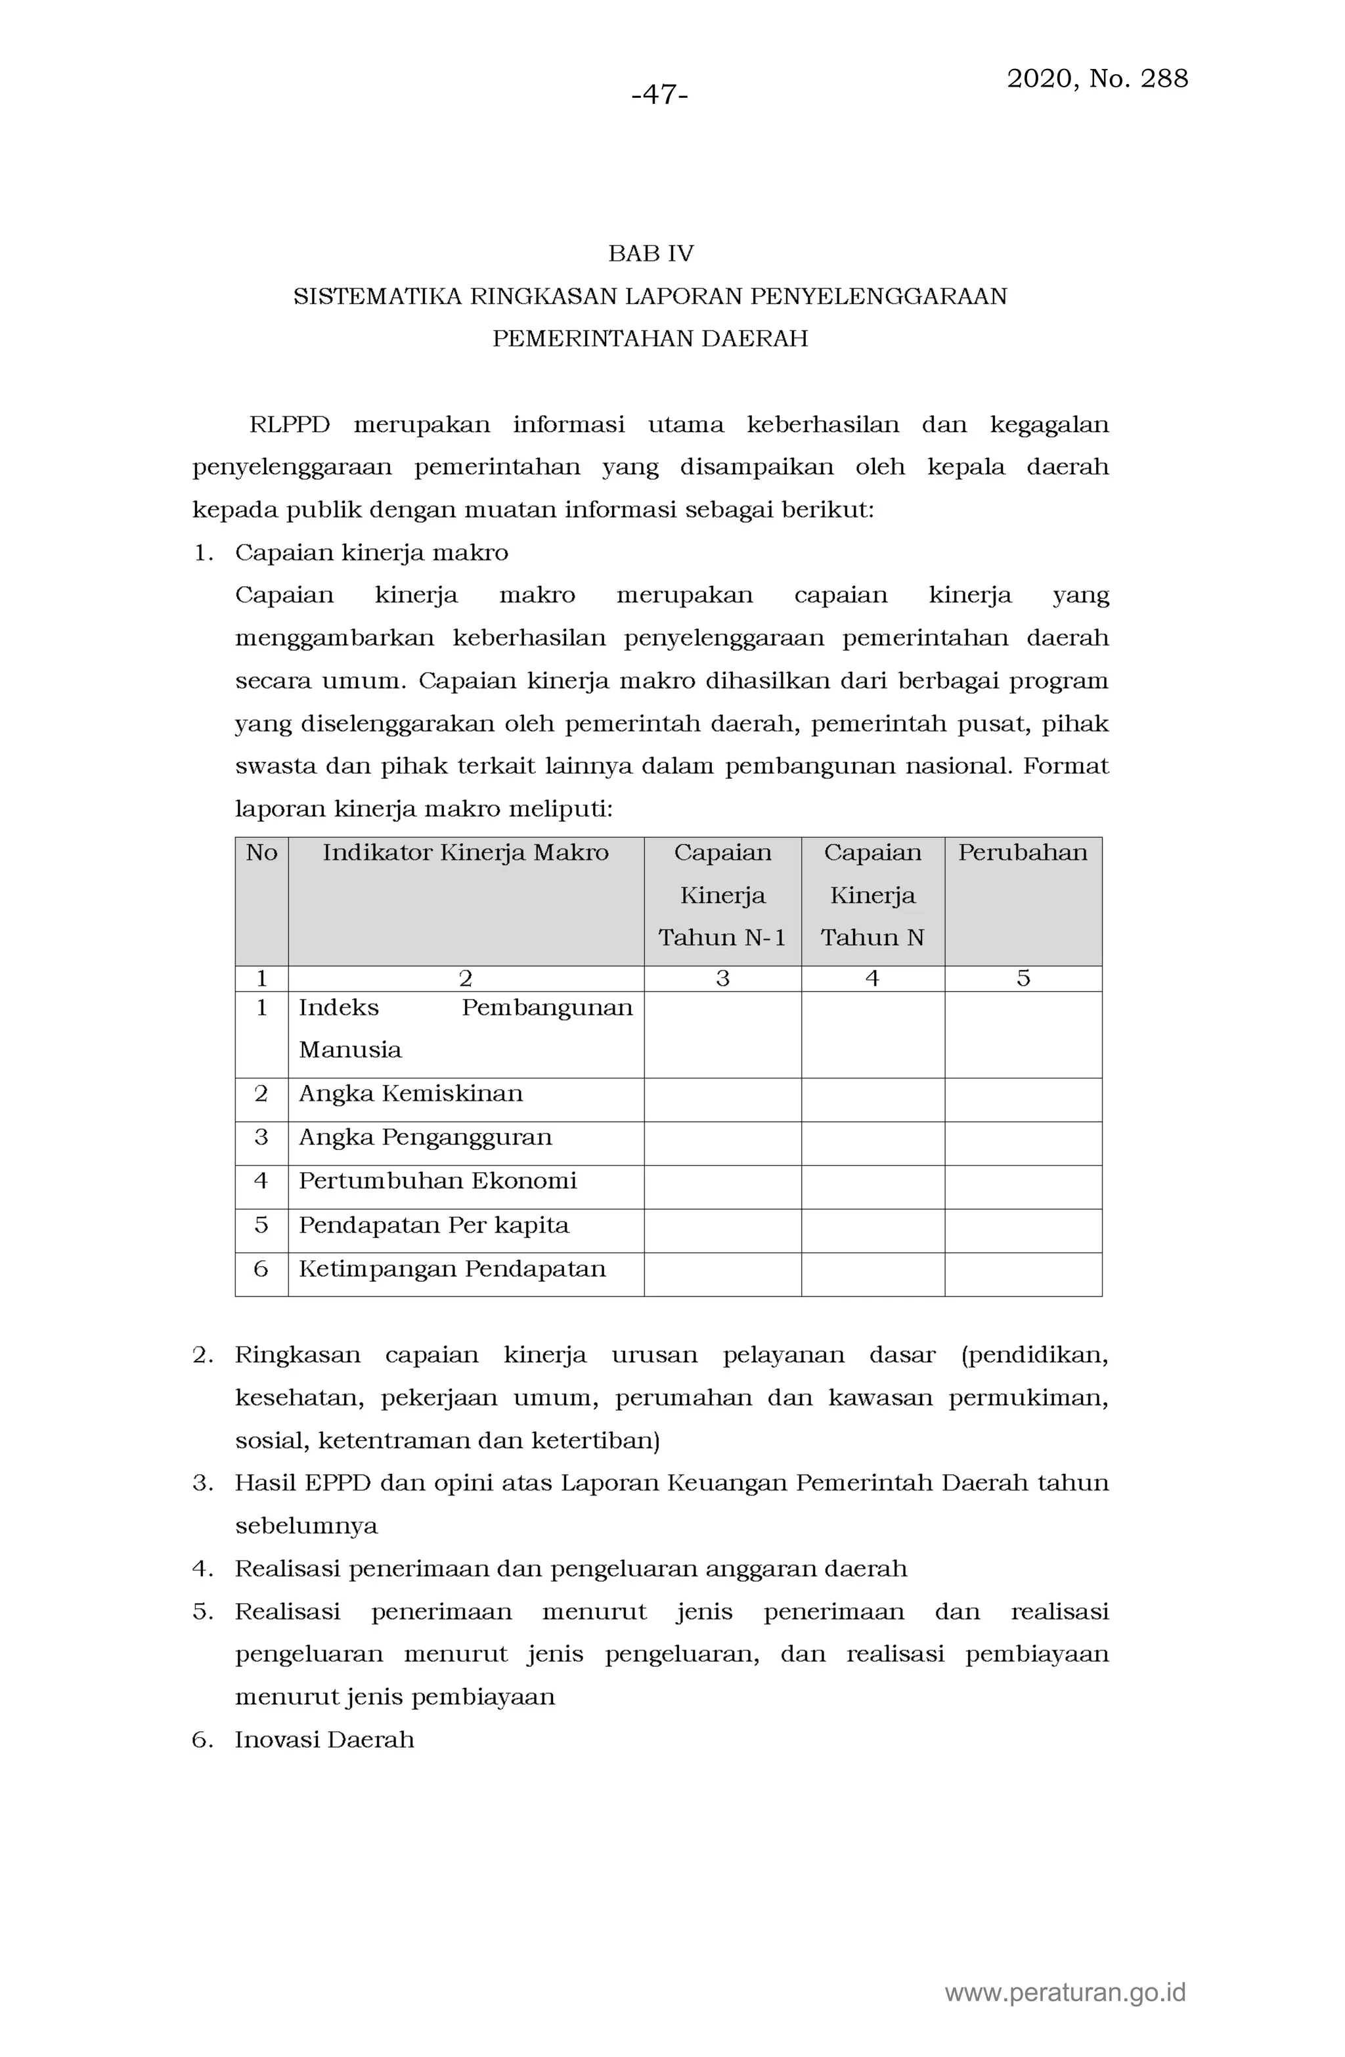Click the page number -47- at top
(x=659, y=94)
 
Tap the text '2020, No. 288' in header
(x=1096, y=79)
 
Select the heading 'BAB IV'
(x=650, y=254)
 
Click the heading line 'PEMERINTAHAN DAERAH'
(x=650, y=338)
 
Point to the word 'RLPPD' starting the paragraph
(x=289, y=424)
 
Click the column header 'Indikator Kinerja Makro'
(x=465, y=852)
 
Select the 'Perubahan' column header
(x=1022, y=852)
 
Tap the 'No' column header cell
(x=261, y=852)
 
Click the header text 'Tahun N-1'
(x=722, y=938)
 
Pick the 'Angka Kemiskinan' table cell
(x=410, y=1094)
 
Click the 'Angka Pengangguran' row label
(x=424, y=1138)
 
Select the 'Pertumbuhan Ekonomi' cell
(x=437, y=1181)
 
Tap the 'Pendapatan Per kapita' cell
(x=433, y=1225)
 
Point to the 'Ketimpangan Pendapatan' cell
(x=452, y=1269)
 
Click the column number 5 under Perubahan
(x=1023, y=979)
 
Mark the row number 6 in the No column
(x=261, y=1269)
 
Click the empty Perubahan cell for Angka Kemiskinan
(x=1023, y=1099)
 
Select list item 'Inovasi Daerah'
(x=324, y=1739)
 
